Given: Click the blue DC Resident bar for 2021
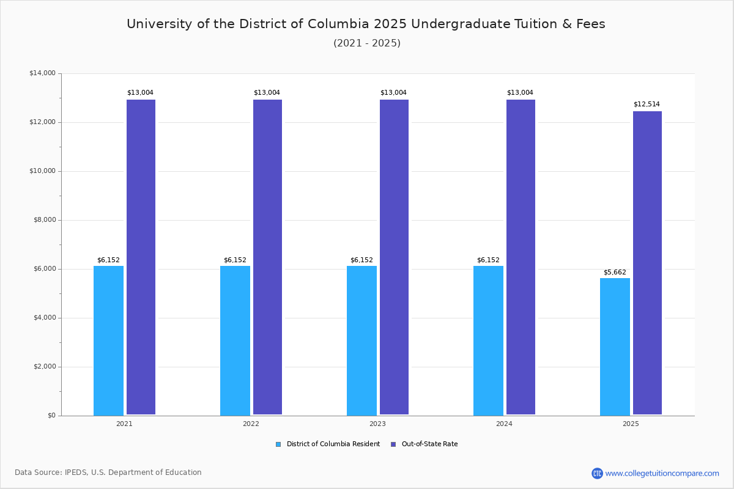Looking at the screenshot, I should (x=108, y=340).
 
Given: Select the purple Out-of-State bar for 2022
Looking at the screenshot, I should (x=267, y=257).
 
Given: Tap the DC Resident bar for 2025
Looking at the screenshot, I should (x=615, y=347).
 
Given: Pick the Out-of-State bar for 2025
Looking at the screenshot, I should (x=647, y=263).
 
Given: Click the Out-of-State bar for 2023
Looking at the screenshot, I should (x=394, y=257).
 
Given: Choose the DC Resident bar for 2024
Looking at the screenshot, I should (x=488, y=340).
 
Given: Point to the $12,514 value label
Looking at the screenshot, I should (x=647, y=104).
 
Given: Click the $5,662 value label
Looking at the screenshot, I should (x=615, y=272).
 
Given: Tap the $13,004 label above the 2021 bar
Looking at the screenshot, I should (x=140, y=92).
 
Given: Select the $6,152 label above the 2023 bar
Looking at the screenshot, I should (x=361, y=260).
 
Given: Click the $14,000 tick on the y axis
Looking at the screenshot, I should (x=42, y=73).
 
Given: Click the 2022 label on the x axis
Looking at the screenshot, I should (x=251, y=424).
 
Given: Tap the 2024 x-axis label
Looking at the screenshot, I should (x=504, y=424).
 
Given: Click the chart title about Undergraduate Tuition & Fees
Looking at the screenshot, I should (x=366, y=24).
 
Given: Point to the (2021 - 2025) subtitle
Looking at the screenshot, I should (x=366, y=43).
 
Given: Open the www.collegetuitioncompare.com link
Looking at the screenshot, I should (x=662, y=473).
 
